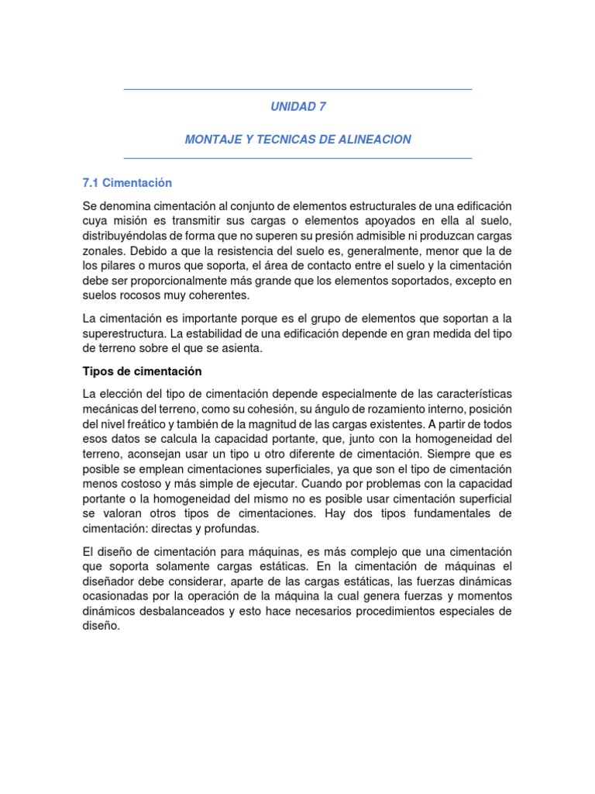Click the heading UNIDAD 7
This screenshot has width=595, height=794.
tap(297, 107)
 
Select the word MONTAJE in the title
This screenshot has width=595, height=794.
tap(211, 140)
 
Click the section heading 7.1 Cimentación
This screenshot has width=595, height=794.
tap(127, 183)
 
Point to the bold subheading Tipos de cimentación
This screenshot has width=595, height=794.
tap(142, 371)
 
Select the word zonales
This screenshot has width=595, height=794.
tap(103, 250)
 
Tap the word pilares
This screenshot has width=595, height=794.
tap(122, 265)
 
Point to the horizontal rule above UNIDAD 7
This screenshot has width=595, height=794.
tap(297, 90)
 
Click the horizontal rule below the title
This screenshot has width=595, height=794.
tap(297, 158)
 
